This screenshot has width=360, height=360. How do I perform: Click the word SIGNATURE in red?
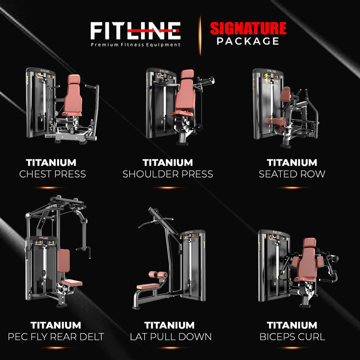248,29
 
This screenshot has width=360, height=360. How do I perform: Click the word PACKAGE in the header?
248,41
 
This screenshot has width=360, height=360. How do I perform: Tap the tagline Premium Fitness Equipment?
135,45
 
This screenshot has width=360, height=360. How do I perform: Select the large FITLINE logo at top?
135,31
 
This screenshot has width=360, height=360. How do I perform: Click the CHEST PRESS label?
52,174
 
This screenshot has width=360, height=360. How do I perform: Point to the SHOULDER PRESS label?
168,174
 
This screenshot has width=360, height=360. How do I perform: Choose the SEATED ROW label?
292,174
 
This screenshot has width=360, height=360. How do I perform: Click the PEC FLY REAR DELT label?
56,337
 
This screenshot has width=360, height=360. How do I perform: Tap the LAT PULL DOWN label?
171,337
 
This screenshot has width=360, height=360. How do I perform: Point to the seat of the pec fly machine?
72,282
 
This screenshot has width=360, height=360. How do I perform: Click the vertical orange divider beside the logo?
200,35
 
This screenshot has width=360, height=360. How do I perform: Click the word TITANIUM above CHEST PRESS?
51,163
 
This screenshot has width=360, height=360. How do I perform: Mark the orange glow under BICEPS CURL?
292,348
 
